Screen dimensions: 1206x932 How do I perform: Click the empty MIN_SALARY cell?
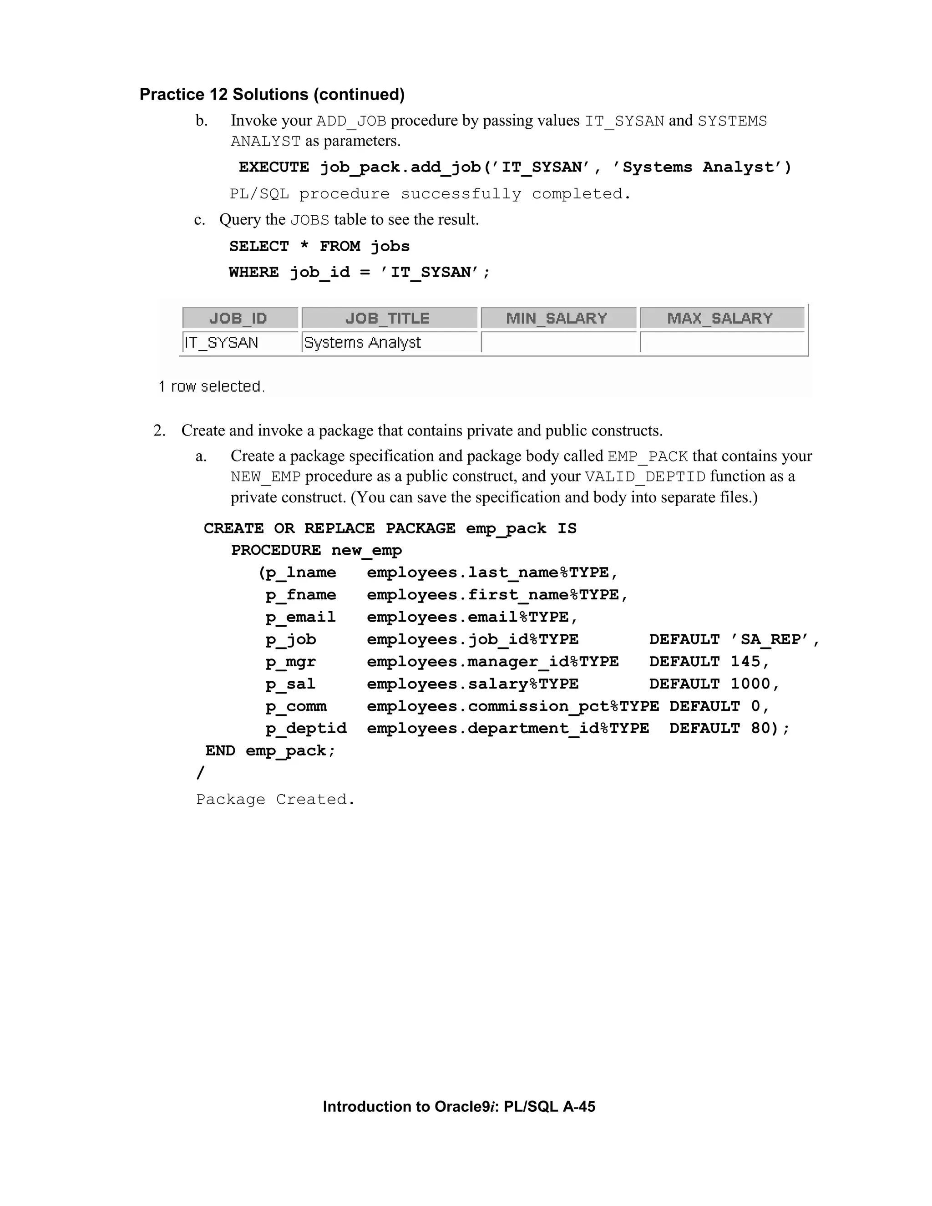[559, 342]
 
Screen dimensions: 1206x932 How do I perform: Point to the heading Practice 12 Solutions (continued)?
[272, 94]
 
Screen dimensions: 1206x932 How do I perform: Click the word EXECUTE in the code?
[274, 167]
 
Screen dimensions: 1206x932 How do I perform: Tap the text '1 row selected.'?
[212, 386]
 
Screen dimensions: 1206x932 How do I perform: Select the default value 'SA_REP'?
[770, 639]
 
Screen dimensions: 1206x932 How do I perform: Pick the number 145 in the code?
[745, 662]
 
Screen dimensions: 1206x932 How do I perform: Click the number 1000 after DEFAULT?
[750, 684]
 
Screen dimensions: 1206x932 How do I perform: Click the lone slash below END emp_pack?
[200, 773]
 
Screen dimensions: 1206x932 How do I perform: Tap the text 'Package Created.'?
[275, 800]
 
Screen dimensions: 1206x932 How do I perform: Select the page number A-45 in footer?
[579, 1107]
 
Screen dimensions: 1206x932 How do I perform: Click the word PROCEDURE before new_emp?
[275, 551]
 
